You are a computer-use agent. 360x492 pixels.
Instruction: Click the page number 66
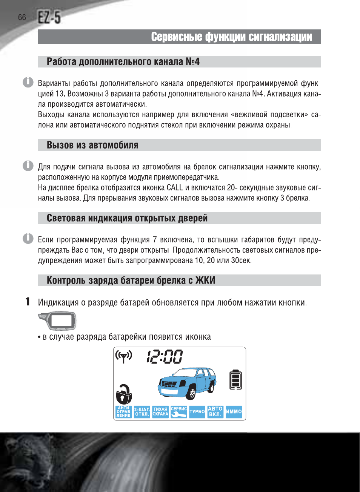pos(22,17)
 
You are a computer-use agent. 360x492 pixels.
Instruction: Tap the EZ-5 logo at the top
pos(49,17)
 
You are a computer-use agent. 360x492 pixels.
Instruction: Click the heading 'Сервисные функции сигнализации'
pos(231,37)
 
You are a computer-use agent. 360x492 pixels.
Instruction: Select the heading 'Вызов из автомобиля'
pos(92,145)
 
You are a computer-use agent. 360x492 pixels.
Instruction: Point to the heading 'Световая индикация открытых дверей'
pos(127,218)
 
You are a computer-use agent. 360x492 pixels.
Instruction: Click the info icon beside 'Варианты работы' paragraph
pos(28,82)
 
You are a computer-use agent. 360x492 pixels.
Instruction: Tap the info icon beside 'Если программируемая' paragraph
pos(28,239)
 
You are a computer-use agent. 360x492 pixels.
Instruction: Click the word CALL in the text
pos(175,188)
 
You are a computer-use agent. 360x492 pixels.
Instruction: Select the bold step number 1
pos(28,302)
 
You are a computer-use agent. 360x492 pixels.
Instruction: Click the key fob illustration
pos(57,321)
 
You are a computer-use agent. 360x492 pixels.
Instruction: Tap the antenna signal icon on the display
pos(124,356)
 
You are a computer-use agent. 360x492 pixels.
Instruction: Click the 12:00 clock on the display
pos(165,357)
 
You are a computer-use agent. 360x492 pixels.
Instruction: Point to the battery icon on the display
pos(235,380)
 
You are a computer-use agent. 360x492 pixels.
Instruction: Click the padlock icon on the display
pos(124,394)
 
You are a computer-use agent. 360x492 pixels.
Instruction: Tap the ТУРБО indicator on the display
pos(197,412)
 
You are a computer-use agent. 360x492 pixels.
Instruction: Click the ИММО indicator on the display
pos(234,412)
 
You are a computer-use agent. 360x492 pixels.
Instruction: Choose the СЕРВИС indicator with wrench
pos(179,412)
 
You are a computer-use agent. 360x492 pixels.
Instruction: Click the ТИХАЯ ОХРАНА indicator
pos(160,412)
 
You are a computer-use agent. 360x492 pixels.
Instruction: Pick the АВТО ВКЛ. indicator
pos(215,412)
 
